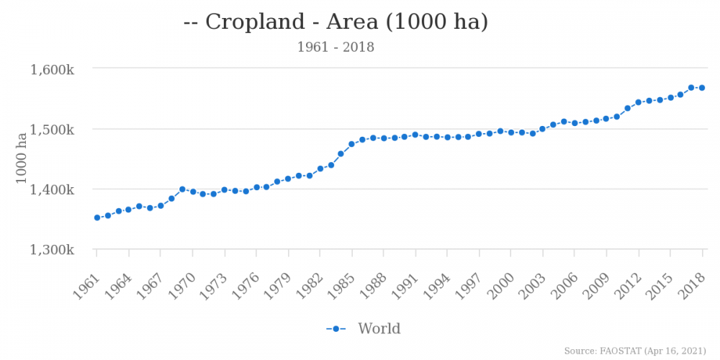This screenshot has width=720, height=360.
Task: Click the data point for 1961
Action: [97, 217]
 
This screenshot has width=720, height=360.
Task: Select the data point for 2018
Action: [702, 88]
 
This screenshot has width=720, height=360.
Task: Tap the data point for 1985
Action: [352, 144]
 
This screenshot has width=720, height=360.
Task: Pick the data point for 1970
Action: [193, 192]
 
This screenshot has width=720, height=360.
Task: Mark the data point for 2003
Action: [543, 130]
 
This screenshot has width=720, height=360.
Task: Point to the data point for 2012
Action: [638, 102]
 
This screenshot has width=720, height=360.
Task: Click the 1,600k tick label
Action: [52, 70]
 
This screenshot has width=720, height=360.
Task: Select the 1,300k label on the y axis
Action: [52, 250]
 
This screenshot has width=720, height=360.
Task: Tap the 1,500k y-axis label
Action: [52, 130]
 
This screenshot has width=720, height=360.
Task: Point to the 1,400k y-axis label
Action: [52, 190]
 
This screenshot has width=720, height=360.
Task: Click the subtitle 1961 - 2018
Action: [336, 48]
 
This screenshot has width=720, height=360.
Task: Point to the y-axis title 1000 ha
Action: [22, 160]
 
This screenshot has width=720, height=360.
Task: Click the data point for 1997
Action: [479, 134]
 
